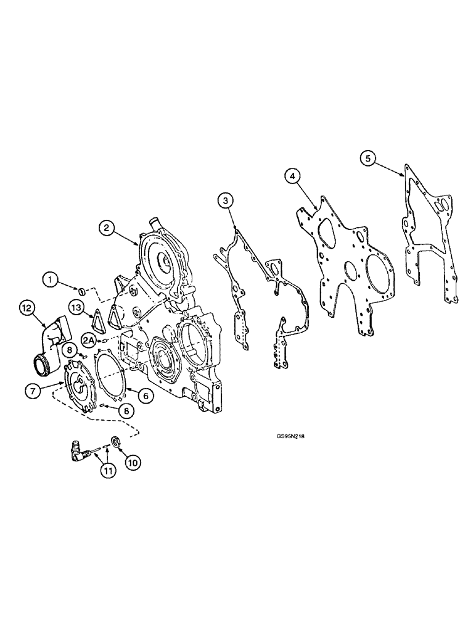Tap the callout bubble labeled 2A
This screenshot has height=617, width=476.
point(88,340)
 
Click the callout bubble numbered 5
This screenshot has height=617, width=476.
point(368,159)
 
